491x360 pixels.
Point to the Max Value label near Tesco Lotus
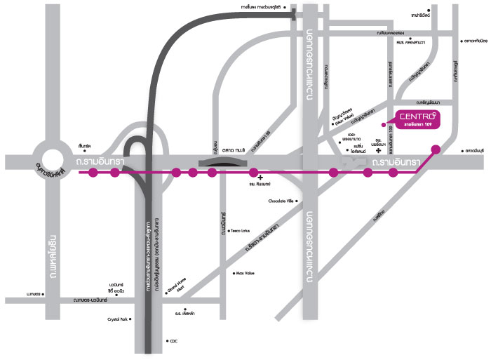click(248, 272)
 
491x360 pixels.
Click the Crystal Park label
click(117, 319)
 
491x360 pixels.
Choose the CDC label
click(173, 341)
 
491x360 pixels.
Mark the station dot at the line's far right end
click(436, 149)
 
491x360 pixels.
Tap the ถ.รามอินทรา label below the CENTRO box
click(396, 163)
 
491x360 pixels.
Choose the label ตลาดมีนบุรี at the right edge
click(473, 150)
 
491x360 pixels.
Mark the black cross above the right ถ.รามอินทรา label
click(379, 149)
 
